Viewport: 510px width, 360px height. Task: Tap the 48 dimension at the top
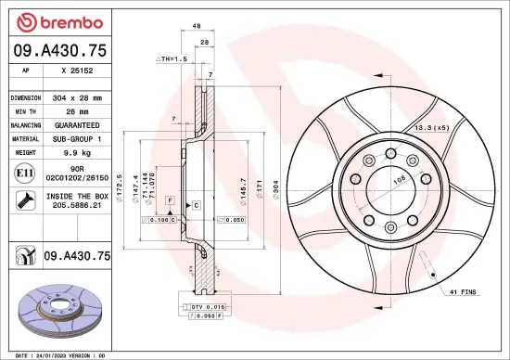tap(197, 27)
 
